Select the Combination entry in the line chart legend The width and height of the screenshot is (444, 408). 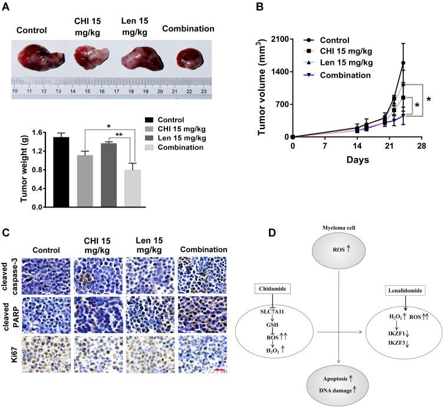[342, 75]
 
